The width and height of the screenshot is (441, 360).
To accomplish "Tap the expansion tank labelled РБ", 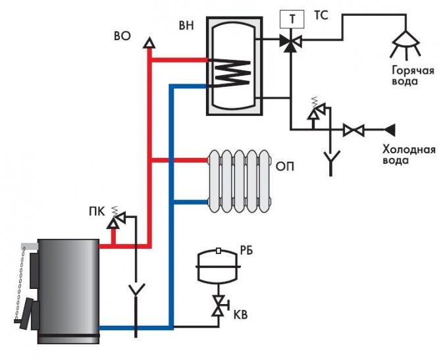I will pyautogui.click(x=218, y=264).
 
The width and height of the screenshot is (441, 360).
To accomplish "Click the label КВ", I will pyautogui.click(x=242, y=315).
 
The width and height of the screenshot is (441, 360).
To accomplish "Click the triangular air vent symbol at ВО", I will pyautogui.click(x=149, y=43).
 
